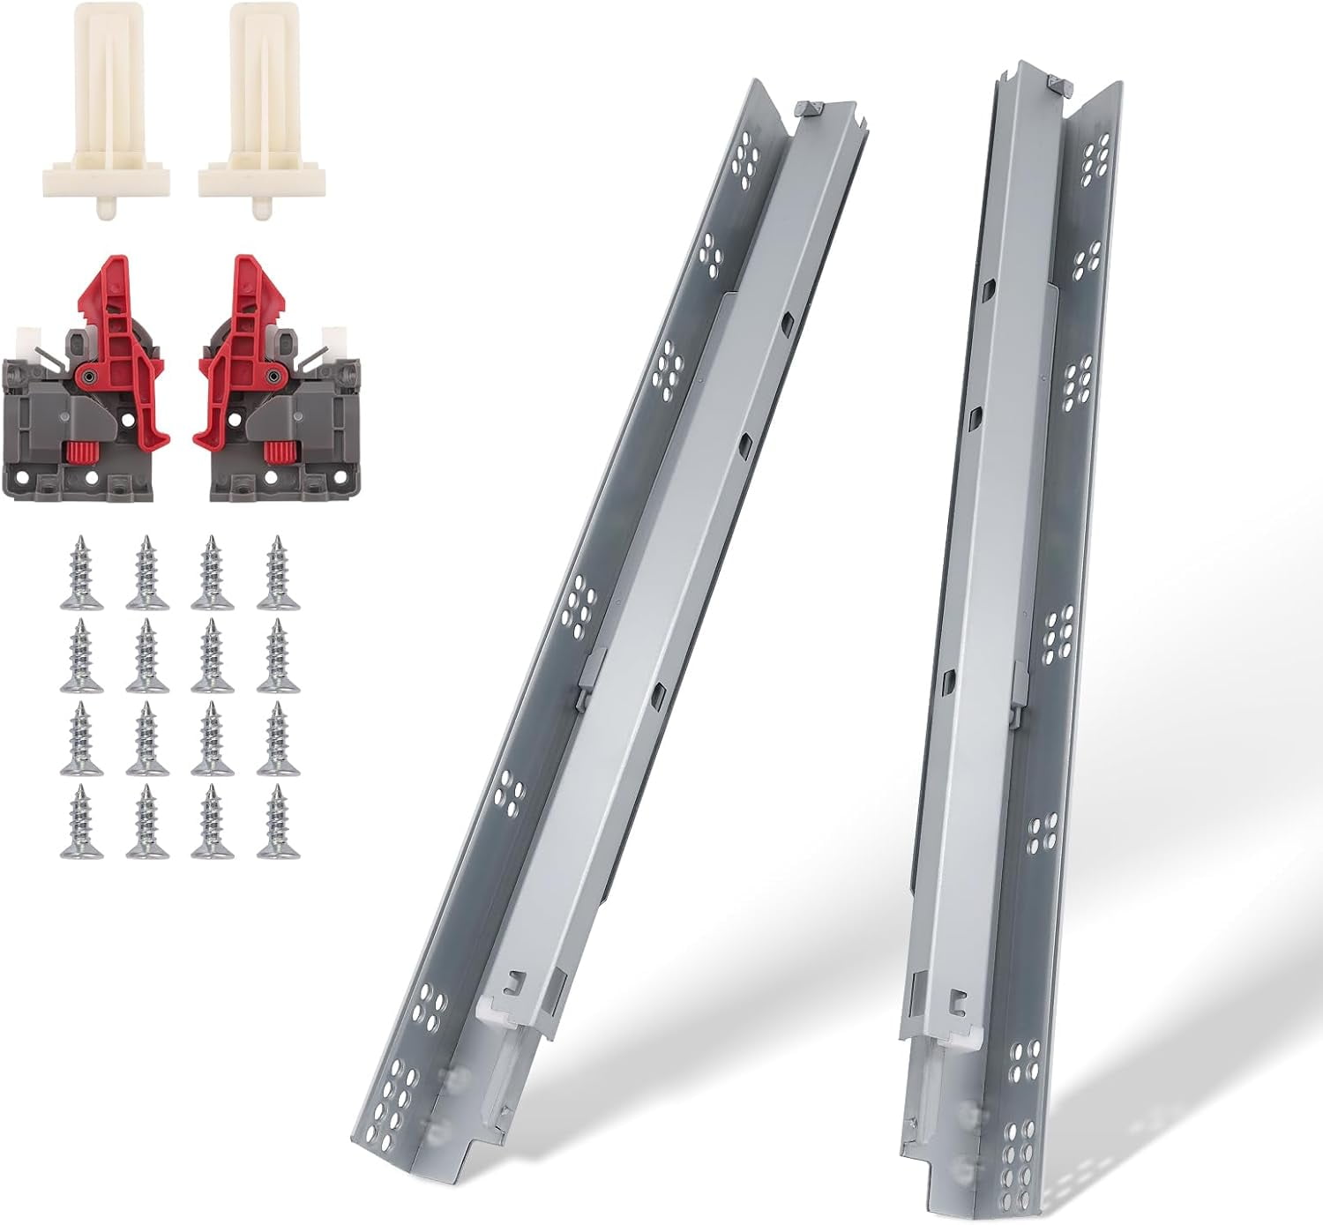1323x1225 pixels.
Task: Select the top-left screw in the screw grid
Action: point(82,573)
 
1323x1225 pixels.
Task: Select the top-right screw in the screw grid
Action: point(278,573)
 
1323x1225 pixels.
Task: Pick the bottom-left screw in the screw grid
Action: point(82,822)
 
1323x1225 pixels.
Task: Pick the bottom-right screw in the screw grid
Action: point(278,822)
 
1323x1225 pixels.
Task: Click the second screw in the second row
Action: point(147,656)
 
